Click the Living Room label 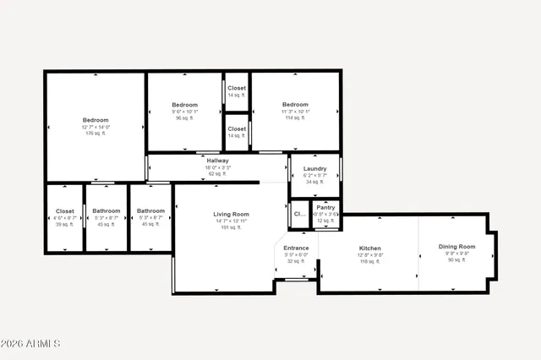(x=230, y=215)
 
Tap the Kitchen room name (x=370, y=248)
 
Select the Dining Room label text (x=455, y=247)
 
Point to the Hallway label (x=217, y=161)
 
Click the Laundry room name (x=314, y=169)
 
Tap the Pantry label (x=325, y=208)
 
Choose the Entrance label (x=296, y=248)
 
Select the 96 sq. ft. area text (x=184, y=118)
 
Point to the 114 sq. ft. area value (x=295, y=118)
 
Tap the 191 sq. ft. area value (x=230, y=227)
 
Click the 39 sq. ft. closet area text (x=65, y=224)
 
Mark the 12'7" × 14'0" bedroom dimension (x=96, y=127)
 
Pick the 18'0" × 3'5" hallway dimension (x=217, y=167)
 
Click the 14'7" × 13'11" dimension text (x=230, y=221)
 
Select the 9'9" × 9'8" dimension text (x=455, y=254)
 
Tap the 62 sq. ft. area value (x=217, y=173)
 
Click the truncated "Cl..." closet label (x=299, y=214)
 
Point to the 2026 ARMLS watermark (x=31, y=343)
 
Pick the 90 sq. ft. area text (x=455, y=260)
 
